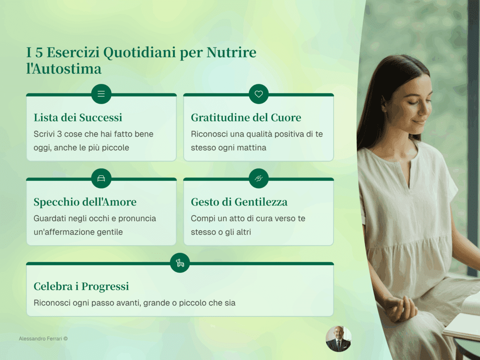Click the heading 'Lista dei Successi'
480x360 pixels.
click(x=78, y=118)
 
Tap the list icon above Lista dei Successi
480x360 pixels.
click(x=101, y=94)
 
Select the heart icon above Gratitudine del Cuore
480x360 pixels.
click(x=259, y=94)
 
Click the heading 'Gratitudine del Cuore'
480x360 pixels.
click(x=246, y=118)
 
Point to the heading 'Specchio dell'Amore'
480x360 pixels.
click(x=85, y=202)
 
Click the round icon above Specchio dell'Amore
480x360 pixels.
click(x=101, y=178)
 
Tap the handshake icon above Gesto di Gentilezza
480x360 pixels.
click(x=259, y=178)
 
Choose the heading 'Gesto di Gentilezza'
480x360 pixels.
click(x=239, y=202)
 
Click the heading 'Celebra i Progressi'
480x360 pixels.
click(x=81, y=286)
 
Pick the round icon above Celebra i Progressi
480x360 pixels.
click(x=180, y=263)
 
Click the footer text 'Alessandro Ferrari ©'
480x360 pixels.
click(x=43, y=338)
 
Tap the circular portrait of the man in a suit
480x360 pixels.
click(x=338, y=339)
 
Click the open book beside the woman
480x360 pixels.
click(x=464, y=320)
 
